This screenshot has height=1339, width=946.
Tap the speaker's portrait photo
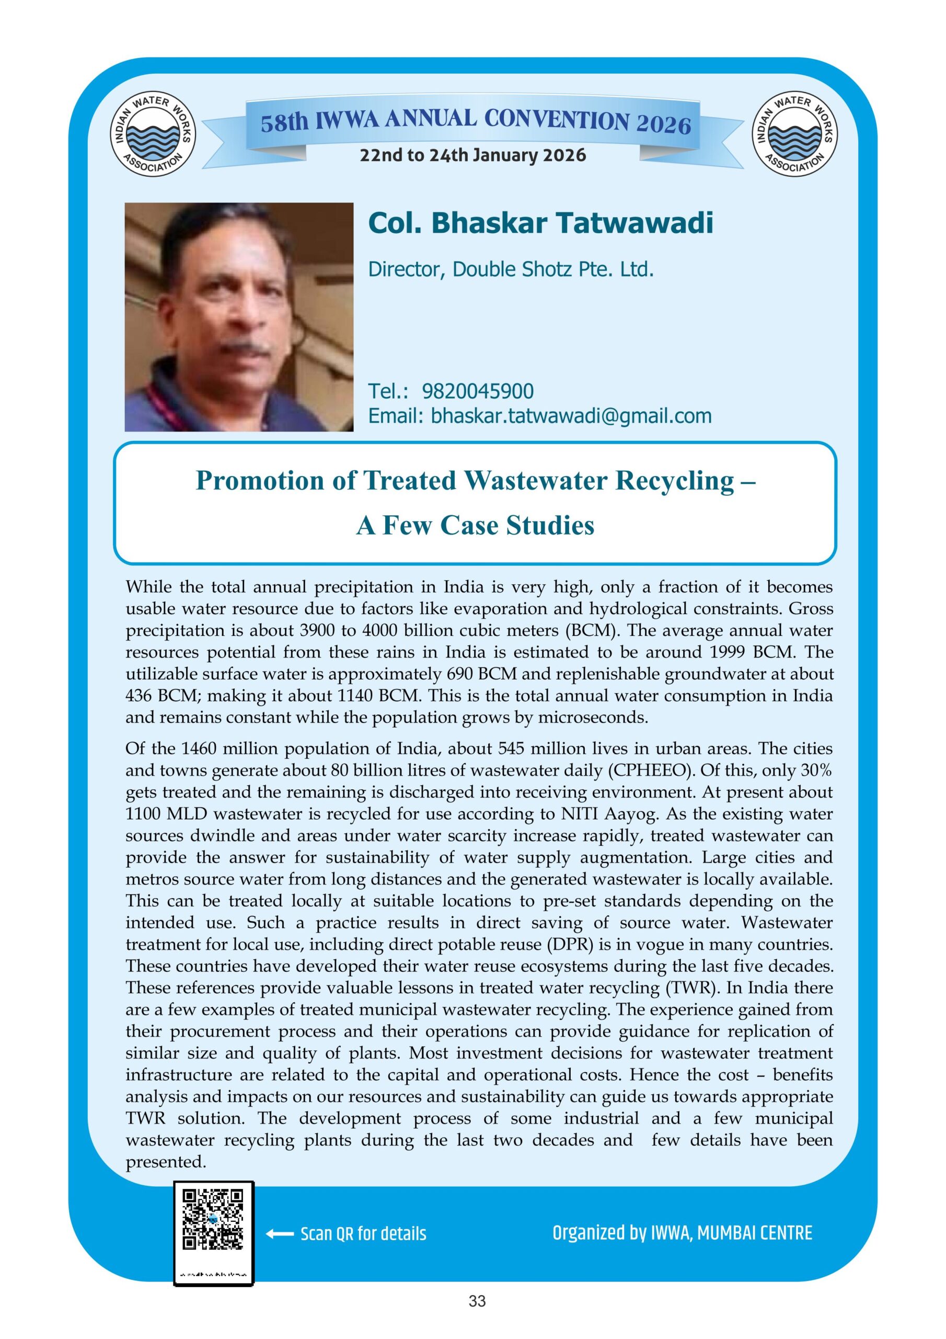(x=239, y=317)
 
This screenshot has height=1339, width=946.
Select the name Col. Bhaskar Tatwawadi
(x=540, y=223)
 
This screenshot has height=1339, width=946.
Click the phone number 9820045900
(x=477, y=391)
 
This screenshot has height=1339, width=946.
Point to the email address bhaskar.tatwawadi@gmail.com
(x=571, y=416)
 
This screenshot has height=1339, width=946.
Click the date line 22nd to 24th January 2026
(x=472, y=156)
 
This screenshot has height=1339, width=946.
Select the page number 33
(x=477, y=1318)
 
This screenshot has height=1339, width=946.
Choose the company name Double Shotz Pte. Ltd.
(x=552, y=269)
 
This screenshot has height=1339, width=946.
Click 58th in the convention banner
(x=284, y=123)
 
